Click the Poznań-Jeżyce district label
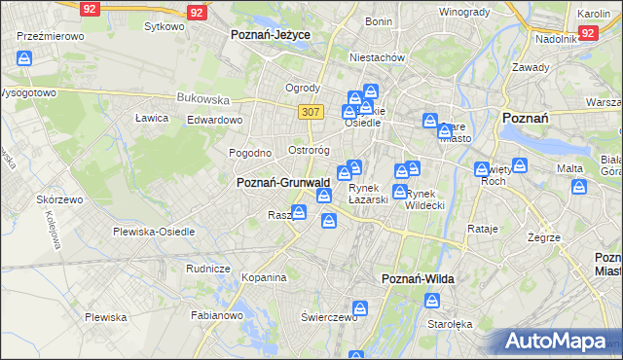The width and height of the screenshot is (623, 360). click(271, 34)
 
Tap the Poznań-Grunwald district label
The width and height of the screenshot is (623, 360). click(283, 182)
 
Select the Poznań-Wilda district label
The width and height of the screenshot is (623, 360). click(419, 279)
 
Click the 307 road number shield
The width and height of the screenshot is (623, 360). click(311, 112)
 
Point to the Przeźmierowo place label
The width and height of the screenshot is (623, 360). click(51, 35)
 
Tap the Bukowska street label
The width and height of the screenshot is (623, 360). click(202, 98)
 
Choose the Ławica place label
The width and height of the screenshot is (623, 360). click(152, 118)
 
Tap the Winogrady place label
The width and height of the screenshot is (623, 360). click(463, 12)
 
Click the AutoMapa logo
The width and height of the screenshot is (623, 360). click(563, 341)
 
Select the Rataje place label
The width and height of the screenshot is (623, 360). click(483, 229)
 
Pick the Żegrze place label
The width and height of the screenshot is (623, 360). click(543, 237)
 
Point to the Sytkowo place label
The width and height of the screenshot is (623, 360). click(164, 26)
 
